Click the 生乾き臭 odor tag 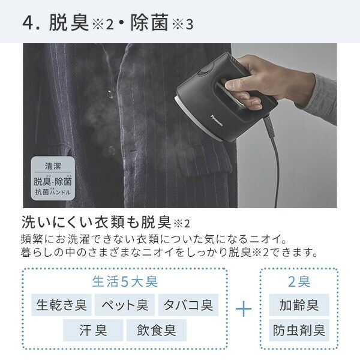click(x=61, y=305)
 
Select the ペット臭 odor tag click(x=125, y=305)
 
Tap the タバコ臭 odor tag click(x=188, y=305)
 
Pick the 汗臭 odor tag click(x=93, y=330)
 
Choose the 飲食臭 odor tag click(x=157, y=330)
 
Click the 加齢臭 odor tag click(x=299, y=305)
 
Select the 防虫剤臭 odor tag click(x=299, y=330)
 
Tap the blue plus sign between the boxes click(x=244, y=309)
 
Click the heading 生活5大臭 click(x=125, y=281)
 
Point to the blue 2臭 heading click(x=299, y=281)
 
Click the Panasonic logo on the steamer click(x=217, y=121)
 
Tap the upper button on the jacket click(x=110, y=94)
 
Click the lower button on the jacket click(x=112, y=151)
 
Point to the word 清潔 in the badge click(x=53, y=166)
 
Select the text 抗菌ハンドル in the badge click(x=53, y=192)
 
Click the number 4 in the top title click(x=28, y=23)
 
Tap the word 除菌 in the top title click(x=149, y=22)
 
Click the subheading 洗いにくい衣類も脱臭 click(x=96, y=222)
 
